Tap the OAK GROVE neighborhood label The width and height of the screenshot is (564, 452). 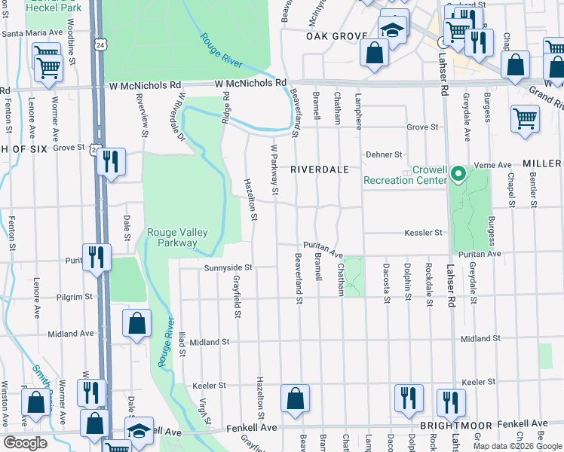coord(336,36)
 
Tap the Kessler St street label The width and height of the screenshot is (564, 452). coord(422,233)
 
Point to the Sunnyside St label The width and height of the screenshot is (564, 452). coord(227,267)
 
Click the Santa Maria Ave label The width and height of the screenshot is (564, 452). coord(32,33)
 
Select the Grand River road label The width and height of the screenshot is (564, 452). coord(544,94)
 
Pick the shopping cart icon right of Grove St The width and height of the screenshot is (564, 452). coord(525,119)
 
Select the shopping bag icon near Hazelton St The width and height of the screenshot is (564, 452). coord(295,399)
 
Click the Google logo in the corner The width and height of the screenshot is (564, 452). coord(25,443)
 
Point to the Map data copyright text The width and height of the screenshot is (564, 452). coord(517,446)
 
